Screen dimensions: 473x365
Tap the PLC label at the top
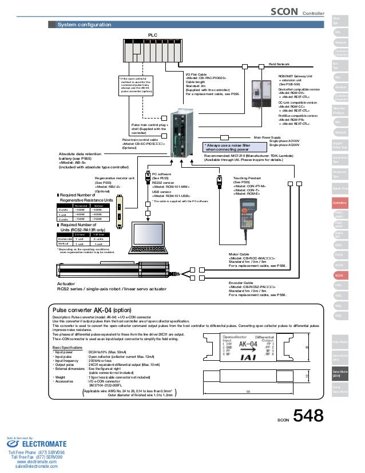point(153,35)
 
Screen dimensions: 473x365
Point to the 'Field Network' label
point(279,65)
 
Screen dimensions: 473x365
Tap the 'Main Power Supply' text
point(267,137)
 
